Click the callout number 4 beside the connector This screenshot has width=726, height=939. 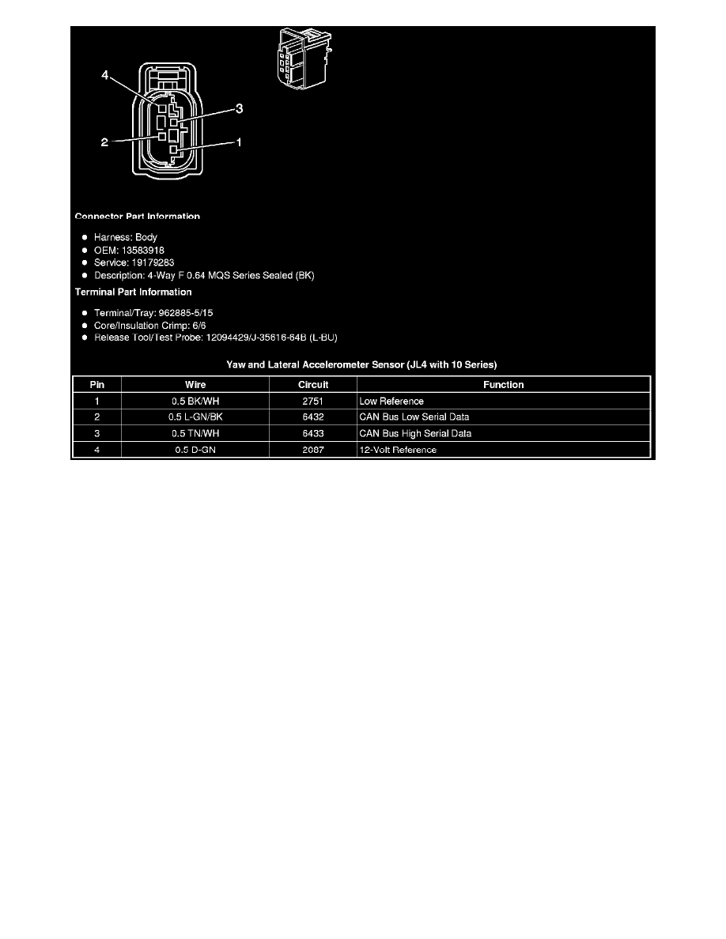105,76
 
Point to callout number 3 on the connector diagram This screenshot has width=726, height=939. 238,109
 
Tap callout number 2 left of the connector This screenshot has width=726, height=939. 104,142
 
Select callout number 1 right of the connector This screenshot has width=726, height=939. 237,142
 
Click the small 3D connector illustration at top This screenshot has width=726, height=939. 304,58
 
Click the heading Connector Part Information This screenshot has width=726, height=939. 137,217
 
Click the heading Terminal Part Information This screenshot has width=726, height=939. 133,292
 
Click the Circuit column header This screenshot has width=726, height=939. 313,385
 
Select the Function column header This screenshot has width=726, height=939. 504,385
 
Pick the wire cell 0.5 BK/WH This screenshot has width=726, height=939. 195,402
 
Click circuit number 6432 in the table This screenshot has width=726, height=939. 313,417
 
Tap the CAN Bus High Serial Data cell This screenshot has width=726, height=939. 415,434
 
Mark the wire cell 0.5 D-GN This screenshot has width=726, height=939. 195,450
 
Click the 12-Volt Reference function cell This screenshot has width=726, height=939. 398,450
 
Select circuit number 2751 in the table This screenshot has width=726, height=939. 313,402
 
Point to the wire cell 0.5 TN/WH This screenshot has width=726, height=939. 195,434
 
